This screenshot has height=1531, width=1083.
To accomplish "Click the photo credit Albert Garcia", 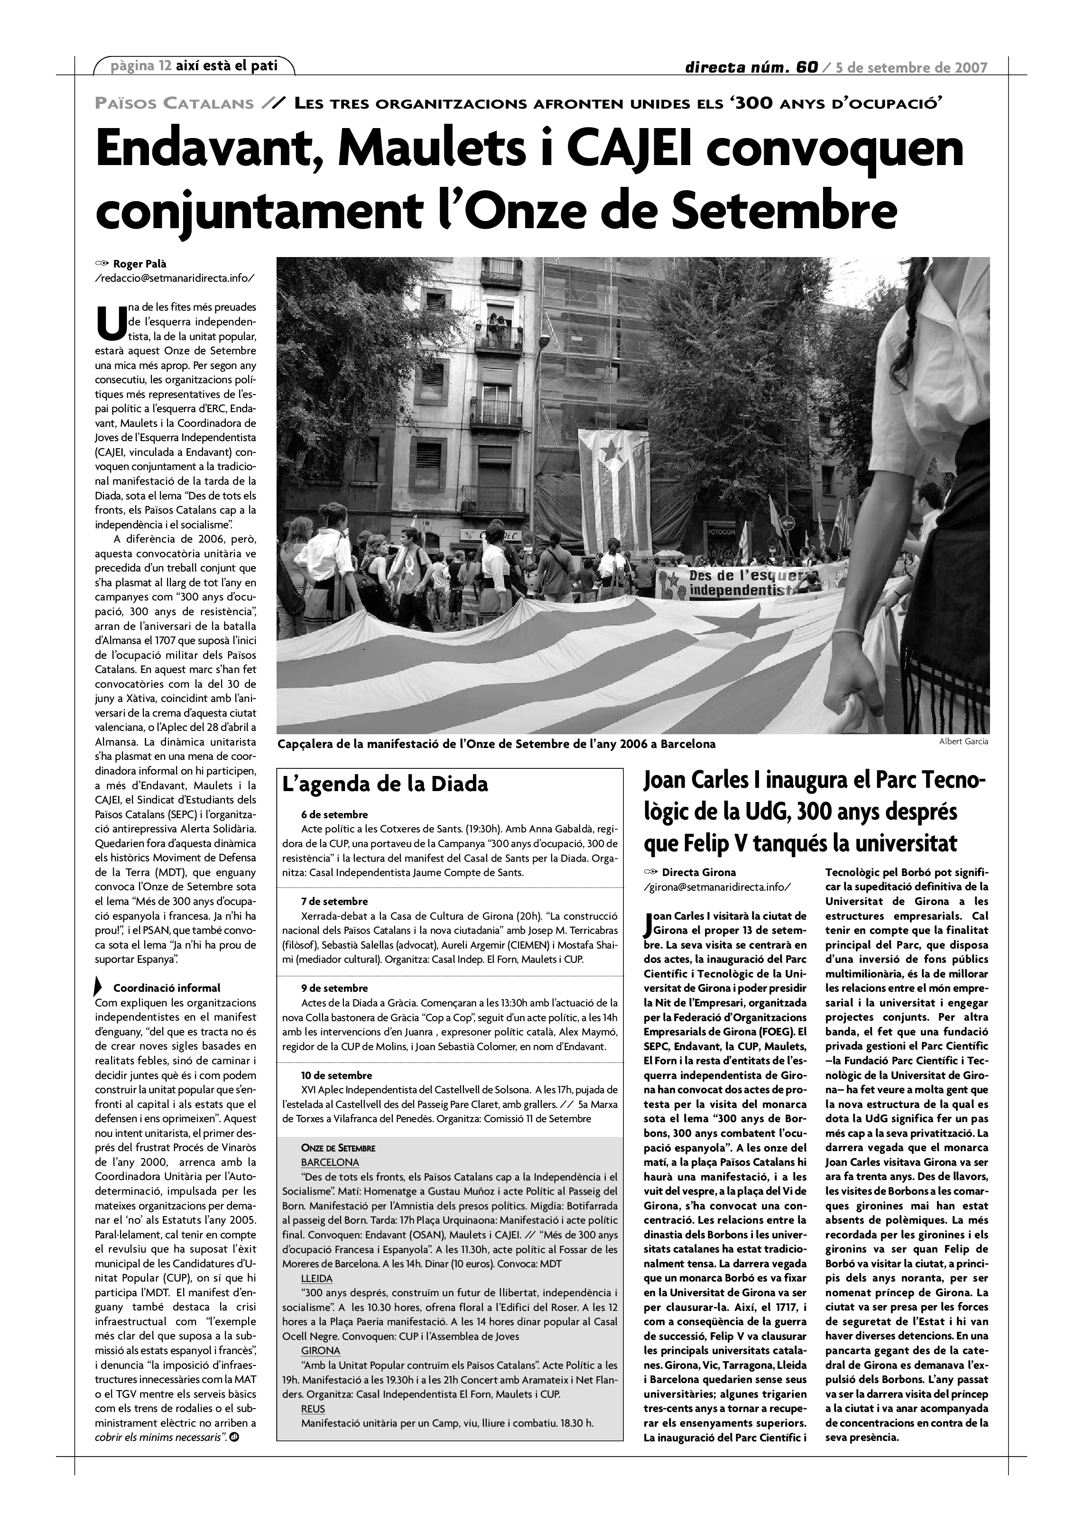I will [x=963, y=741].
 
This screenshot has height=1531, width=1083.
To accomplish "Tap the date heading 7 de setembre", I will [x=334, y=901].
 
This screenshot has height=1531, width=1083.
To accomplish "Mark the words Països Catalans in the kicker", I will [x=175, y=103].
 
